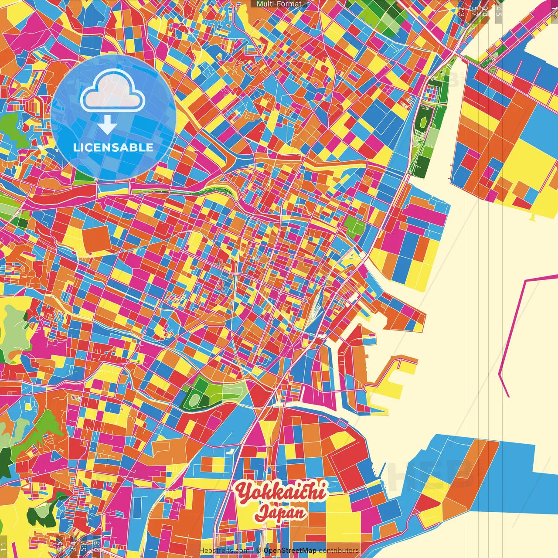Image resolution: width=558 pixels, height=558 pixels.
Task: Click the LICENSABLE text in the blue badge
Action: click(113, 147)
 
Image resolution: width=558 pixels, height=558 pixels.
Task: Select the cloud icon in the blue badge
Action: click(113, 90)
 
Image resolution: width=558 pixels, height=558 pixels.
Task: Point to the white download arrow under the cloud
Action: click(107, 126)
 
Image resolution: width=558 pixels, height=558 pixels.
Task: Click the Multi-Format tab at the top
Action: click(279, 4)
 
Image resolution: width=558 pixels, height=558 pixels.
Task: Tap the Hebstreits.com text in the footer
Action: click(224, 551)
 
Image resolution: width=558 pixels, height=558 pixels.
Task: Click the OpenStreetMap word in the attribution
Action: click(290, 551)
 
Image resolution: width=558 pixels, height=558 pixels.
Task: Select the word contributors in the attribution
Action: click(339, 551)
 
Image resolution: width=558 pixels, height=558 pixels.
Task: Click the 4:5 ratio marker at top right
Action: click(498, 11)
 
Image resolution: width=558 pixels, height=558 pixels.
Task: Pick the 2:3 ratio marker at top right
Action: click(461, 11)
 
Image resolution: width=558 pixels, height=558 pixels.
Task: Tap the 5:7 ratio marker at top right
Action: click(473, 11)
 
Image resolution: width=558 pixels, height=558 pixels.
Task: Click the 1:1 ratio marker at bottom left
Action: click(4, 547)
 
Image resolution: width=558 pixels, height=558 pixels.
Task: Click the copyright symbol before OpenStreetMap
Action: click(259, 551)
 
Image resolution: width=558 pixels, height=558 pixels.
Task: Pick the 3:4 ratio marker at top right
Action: click(485, 11)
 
